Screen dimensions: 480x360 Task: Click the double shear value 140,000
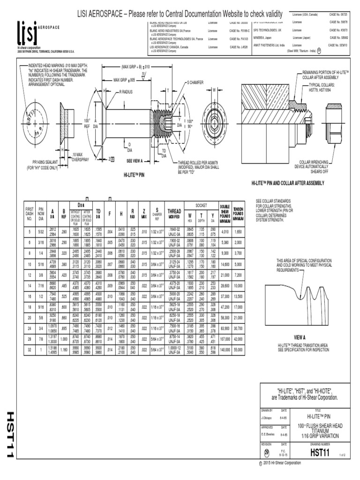[225, 350]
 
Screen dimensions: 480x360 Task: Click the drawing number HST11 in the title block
[321, 452]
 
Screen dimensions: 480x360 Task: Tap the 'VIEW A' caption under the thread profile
[299, 337]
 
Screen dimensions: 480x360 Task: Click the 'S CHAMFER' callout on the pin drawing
[197, 82]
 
